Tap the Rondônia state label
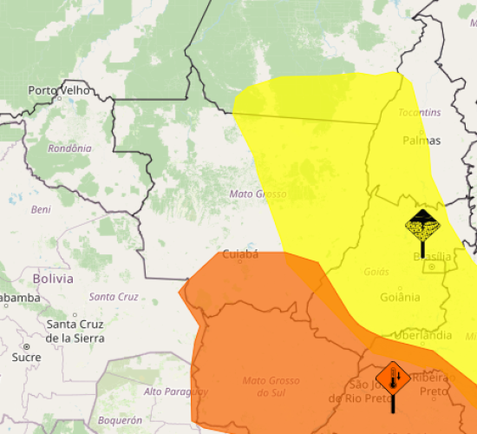pyautogui.click(x=69, y=148)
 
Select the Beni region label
pyautogui.click(x=41, y=209)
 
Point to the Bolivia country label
pyautogui.click(x=53, y=279)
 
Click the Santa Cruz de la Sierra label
pyautogui.click(x=75, y=331)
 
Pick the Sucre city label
pyautogui.click(x=26, y=357)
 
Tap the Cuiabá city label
pyautogui.click(x=241, y=254)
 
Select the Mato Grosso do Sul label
pyautogui.click(x=271, y=386)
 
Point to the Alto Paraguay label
pyautogui.click(x=176, y=391)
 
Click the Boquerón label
pyautogui.click(x=120, y=420)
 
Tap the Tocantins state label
pyautogui.click(x=420, y=113)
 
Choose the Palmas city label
pyautogui.click(x=421, y=140)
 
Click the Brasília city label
pyautogui.click(x=431, y=256)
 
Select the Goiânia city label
pyautogui.click(x=400, y=297)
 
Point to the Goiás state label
pyautogui.click(x=376, y=272)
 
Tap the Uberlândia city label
pyautogui.click(x=422, y=335)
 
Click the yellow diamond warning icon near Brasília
pyautogui.click(x=422, y=227)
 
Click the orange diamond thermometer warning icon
pyautogui.click(x=393, y=378)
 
